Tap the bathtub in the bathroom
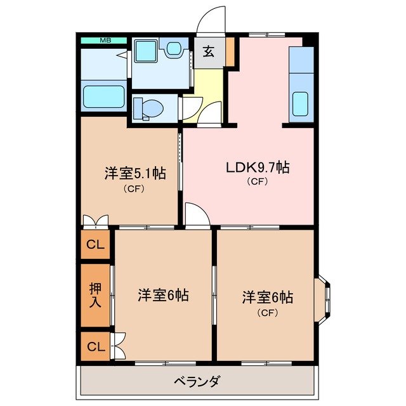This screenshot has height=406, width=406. [104, 97]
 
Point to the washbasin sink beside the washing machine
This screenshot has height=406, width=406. [173, 48]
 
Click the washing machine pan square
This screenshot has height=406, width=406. [145, 49]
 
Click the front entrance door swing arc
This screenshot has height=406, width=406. [211, 20]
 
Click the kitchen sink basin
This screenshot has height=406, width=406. [300, 101]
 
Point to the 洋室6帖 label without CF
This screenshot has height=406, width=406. [163, 295]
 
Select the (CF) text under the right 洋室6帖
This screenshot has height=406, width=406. [266, 311]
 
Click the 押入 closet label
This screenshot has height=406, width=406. [95, 295]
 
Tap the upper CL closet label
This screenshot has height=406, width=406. [95, 244]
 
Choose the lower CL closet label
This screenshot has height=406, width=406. [95, 347]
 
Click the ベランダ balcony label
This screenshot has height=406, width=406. [197, 381]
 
